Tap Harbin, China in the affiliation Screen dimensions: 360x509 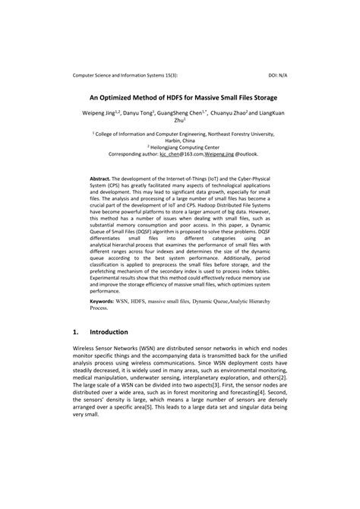(x=180, y=139)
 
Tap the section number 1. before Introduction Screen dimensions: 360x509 (x=75, y=332)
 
